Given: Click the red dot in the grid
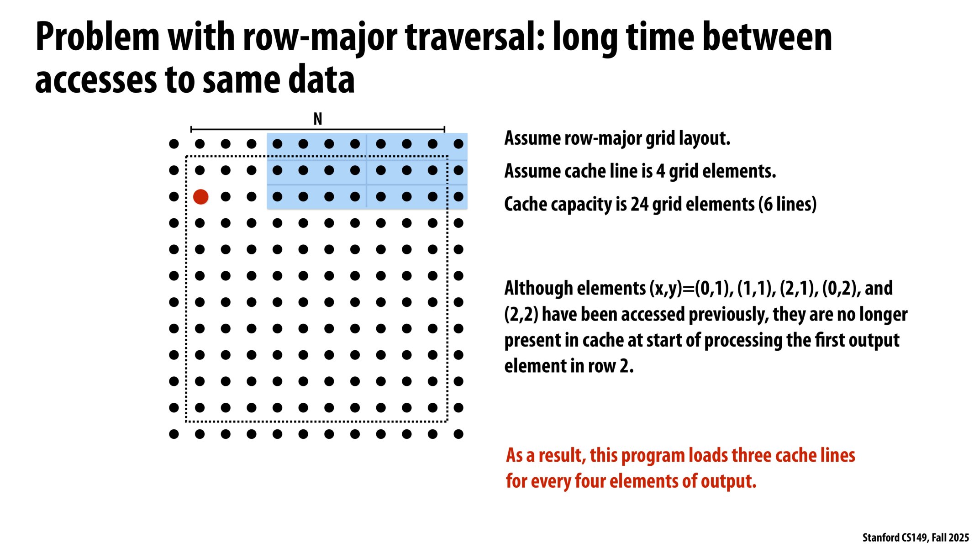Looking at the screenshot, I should (200, 197).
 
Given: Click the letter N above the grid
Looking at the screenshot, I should (317, 119).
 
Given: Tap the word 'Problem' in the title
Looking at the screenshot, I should (97, 37).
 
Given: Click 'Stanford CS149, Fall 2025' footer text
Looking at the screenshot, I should (915, 537).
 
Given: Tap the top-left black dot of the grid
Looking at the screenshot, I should (174, 144).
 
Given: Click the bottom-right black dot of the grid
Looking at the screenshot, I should (458, 434).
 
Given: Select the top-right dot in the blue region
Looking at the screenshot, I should (458, 144).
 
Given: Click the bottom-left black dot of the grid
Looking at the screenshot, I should (174, 434).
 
